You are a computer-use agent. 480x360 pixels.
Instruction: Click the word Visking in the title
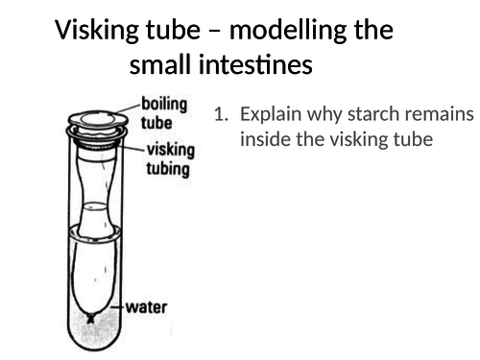[99, 30]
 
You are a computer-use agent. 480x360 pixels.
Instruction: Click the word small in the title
[161, 66]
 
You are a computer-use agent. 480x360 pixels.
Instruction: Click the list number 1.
[221, 115]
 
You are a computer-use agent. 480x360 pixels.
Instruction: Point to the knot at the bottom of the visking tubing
[90, 317]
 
